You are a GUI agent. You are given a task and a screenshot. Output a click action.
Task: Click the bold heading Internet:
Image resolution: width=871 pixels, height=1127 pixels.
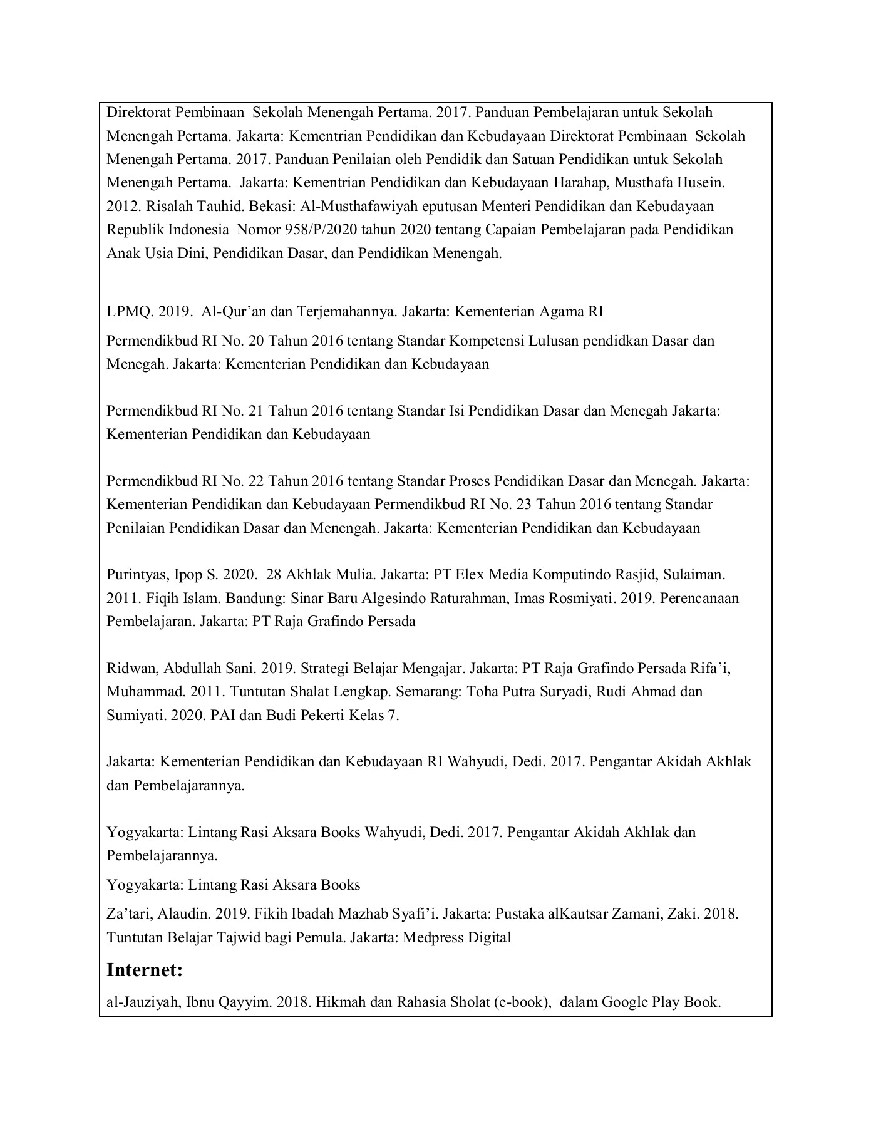tap(145, 970)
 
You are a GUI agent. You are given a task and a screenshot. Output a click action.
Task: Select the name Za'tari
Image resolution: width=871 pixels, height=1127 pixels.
tap(126, 914)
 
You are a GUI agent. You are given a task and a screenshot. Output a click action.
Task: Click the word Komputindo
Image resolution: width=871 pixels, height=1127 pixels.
tap(592, 574)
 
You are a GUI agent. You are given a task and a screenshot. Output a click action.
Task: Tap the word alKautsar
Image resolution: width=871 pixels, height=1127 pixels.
tap(582, 914)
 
